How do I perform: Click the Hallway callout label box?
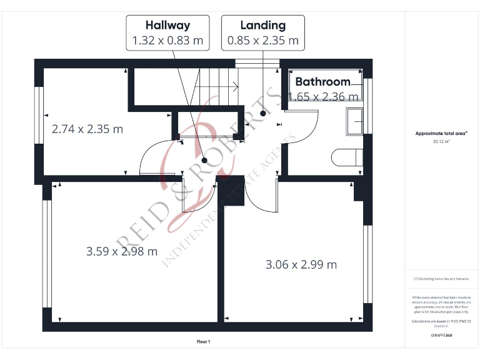[x=167, y=33]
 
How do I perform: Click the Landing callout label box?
[x=263, y=33]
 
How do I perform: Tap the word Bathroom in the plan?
[x=322, y=82]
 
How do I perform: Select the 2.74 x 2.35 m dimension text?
[x=87, y=129]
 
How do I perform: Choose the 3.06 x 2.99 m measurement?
[x=301, y=264]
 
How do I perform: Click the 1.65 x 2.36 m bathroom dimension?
[x=324, y=96]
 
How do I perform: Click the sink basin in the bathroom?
[x=354, y=121]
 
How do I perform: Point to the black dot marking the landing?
[x=263, y=114]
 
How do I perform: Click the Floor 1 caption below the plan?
[x=204, y=342]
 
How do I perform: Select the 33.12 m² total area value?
[x=441, y=142]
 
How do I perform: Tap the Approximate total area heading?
[x=441, y=133]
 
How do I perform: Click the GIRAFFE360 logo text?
[x=441, y=336]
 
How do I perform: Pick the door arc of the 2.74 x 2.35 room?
[x=150, y=159]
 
